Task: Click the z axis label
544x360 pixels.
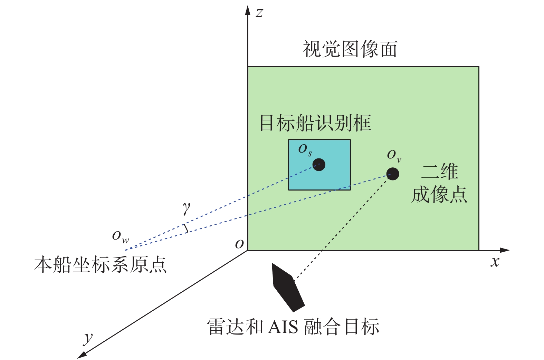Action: [x=259, y=13]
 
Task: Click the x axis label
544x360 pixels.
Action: [x=495, y=262]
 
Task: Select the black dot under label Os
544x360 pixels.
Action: [x=319, y=165]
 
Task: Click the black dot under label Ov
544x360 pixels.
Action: [x=392, y=174]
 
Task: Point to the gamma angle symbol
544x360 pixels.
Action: [x=187, y=208]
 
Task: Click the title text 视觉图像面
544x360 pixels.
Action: [x=350, y=49]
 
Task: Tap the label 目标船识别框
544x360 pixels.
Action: [x=315, y=123]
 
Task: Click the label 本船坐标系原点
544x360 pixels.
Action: [x=100, y=265]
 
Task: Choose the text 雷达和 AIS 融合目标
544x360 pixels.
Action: [x=293, y=327]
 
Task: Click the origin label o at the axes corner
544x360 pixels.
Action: [x=239, y=244]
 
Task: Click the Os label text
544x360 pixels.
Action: [x=305, y=150]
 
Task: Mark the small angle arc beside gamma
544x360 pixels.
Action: [x=186, y=228]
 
